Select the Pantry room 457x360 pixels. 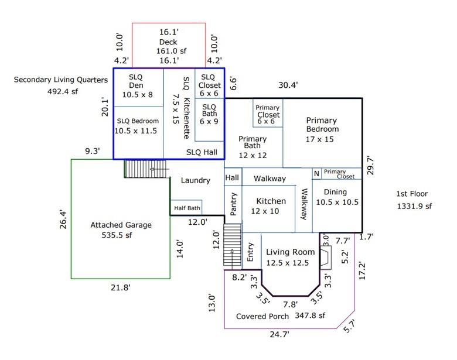click(x=233, y=205)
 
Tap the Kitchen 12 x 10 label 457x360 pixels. click(x=268, y=205)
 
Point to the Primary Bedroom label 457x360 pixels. click(x=322, y=124)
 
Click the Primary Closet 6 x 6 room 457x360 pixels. click(x=268, y=111)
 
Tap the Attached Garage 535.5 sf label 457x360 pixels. click(x=121, y=230)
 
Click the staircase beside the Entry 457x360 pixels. click(x=233, y=246)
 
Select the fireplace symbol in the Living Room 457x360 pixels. click(x=326, y=255)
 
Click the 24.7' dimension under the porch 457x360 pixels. click(x=279, y=335)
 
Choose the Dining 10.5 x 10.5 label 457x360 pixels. click(x=337, y=197)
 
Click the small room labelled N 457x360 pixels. click(x=316, y=173)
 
